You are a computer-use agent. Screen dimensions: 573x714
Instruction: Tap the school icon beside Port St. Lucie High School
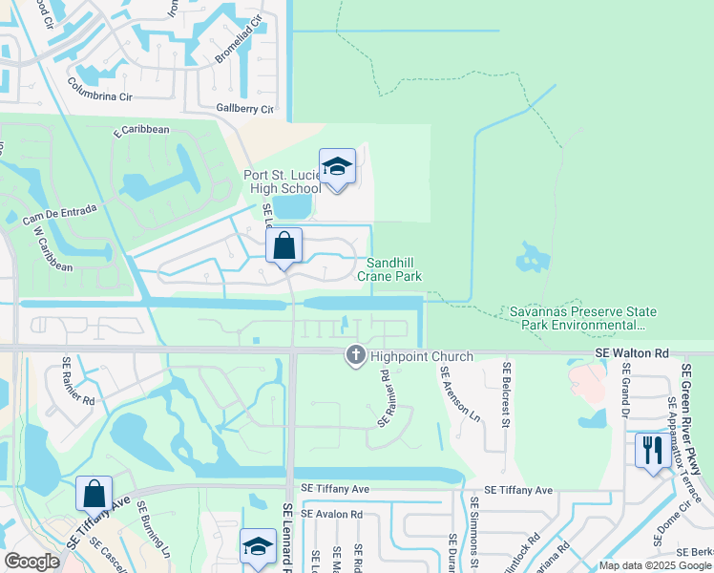337,168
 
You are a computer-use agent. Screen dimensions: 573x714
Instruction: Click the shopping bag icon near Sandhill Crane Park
284,246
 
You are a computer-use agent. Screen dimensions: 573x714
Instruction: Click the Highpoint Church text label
421,357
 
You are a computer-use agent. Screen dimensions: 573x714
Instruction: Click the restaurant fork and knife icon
653,449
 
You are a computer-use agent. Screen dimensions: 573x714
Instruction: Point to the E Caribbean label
140,131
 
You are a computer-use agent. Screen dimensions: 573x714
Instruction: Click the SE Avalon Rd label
331,514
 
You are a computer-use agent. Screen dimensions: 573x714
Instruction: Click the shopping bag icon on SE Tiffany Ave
94,496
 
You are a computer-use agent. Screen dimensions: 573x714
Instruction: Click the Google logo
31,562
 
